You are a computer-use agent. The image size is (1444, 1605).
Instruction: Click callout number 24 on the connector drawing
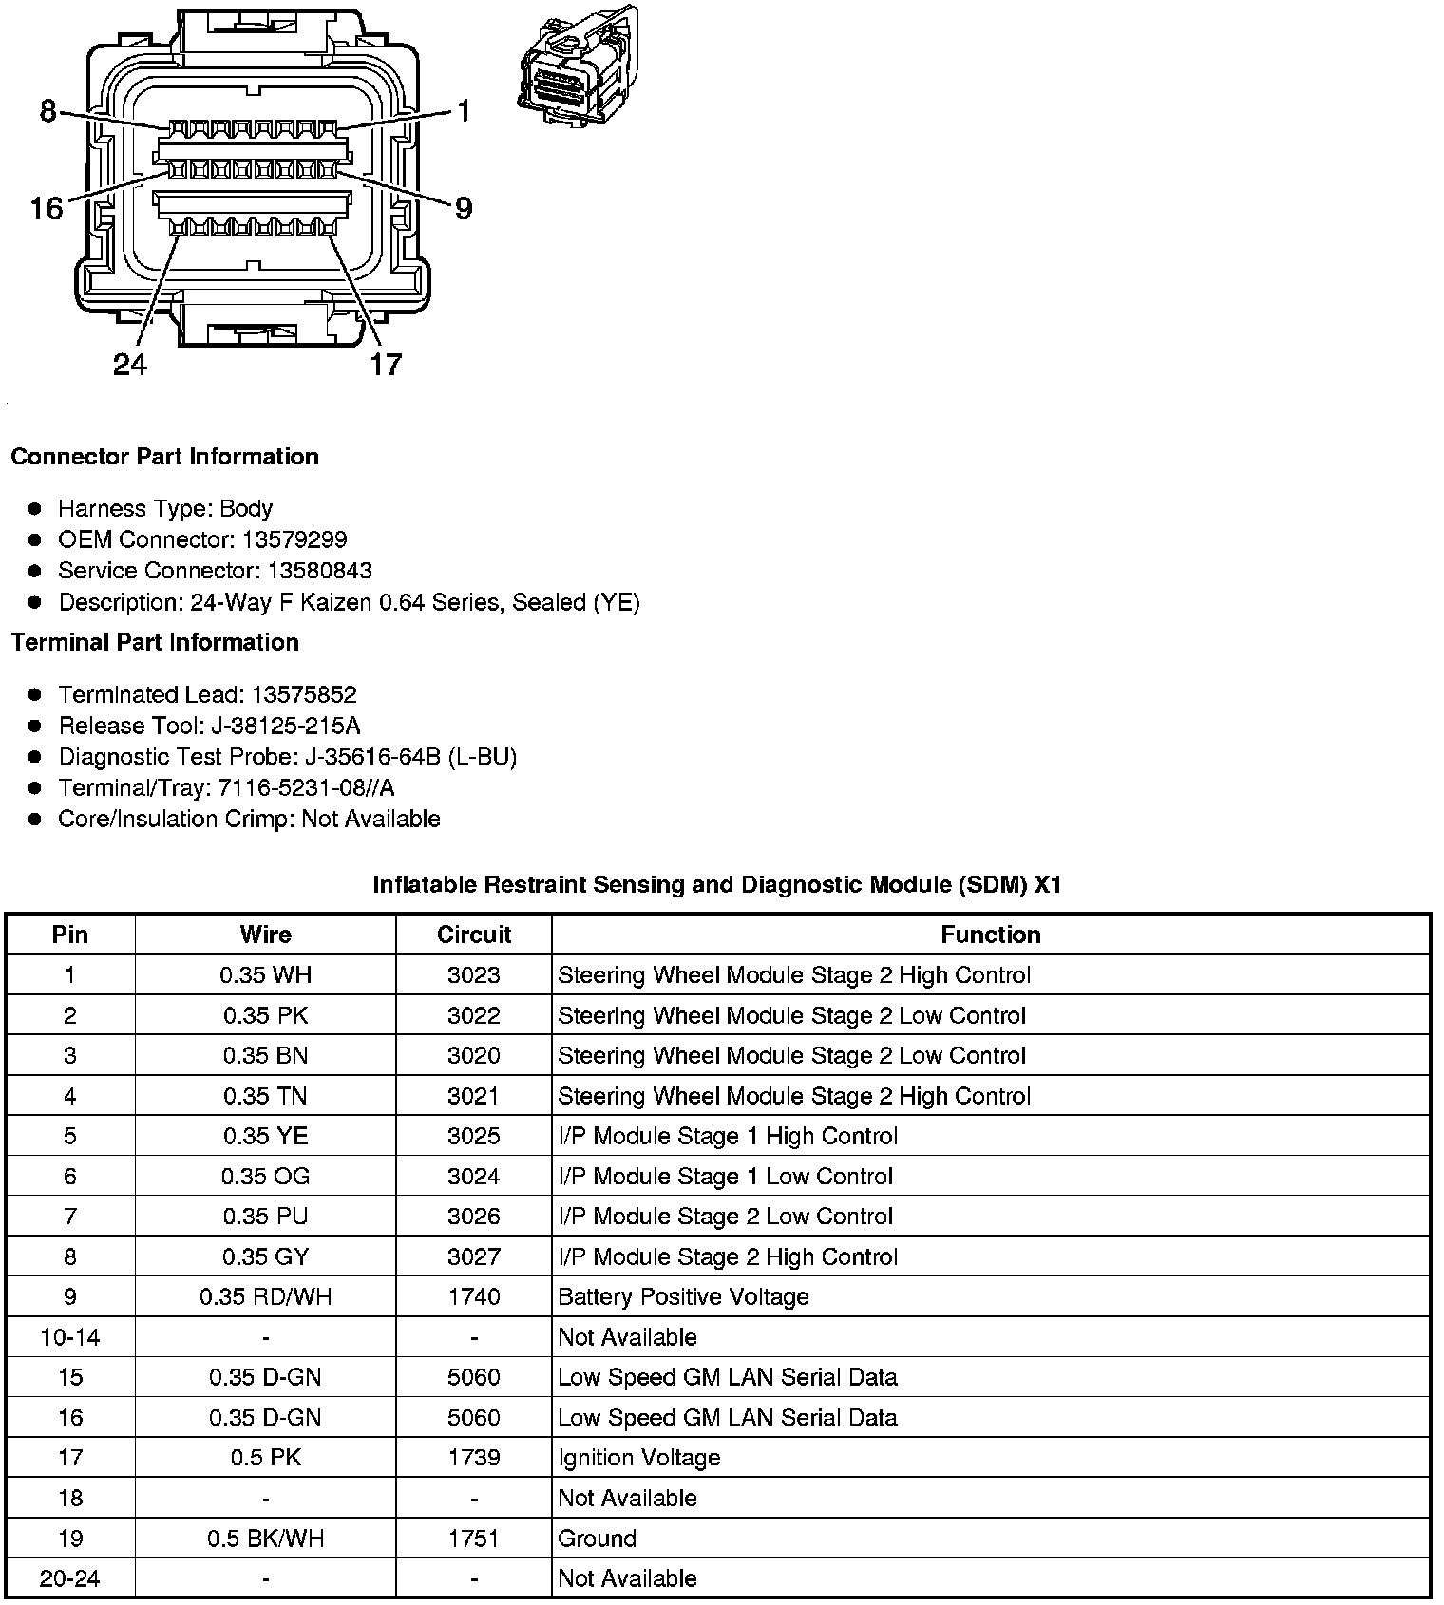[x=130, y=364]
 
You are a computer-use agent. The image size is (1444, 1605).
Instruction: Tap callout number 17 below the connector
[x=386, y=364]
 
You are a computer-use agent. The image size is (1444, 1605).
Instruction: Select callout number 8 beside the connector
[x=48, y=112]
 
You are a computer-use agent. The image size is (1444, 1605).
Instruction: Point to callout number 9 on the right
[x=463, y=208]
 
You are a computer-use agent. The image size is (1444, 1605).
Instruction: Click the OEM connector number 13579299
[x=294, y=539]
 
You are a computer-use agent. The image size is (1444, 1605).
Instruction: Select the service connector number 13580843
[x=319, y=571]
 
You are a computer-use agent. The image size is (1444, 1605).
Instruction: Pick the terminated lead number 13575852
[x=304, y=694]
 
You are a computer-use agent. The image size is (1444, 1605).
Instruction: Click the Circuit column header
[x=474, y=935]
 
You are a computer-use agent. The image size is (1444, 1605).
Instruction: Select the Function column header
[x=990, y=935]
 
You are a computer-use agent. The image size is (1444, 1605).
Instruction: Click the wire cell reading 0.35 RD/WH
[x=266, y=1296]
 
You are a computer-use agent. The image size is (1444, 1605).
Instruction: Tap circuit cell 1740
[x=474, y=1296]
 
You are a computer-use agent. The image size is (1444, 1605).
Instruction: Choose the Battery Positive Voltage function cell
[x=683, y=1296]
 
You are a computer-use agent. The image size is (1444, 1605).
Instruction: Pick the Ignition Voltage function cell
[x=638, y=1457]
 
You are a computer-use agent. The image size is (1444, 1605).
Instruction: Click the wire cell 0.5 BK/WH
[x=266, y=1538]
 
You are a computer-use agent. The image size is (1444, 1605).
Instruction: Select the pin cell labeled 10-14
[x=70, y=1337]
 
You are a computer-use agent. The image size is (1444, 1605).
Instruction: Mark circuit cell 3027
[x=474, y=1256]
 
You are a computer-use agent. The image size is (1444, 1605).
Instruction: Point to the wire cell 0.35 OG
[x=266, y=1176]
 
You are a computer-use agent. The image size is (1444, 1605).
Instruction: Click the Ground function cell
[x=597, y=1538]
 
